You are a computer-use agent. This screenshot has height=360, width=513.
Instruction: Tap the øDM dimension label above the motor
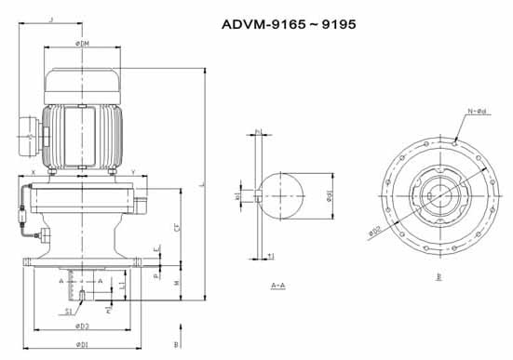pyautogui.click(x=84, y=44)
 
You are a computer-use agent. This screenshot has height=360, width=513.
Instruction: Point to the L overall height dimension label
pyautogui.click(x=202, y=184)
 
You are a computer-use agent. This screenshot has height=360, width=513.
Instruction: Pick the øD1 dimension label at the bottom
pyautogui.click(x=83, y=346)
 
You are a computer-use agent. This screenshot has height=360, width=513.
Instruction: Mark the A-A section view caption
pyautogui.click(x=277, y=285)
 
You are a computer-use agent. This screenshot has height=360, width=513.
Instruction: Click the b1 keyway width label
pyautogui.click(x=238, y=195)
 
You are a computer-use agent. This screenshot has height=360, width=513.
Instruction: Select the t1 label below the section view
pyautogui.click(x=269, y=256)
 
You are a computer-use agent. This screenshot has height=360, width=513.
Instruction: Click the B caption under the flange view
pyautogui.click(x=439, y=276)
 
